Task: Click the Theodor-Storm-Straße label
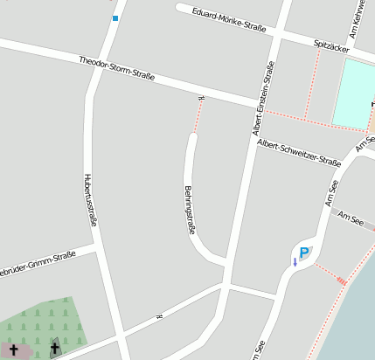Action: [116, 69]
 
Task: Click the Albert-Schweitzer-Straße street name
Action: [298, 154]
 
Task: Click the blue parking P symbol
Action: [304, 253]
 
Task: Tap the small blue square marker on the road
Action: [115, 17]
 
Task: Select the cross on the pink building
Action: [14, 350]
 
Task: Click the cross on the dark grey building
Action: [55, 349]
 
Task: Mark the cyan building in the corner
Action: [354, 92]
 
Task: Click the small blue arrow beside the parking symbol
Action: [295, 261]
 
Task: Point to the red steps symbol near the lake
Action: [341, 280]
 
